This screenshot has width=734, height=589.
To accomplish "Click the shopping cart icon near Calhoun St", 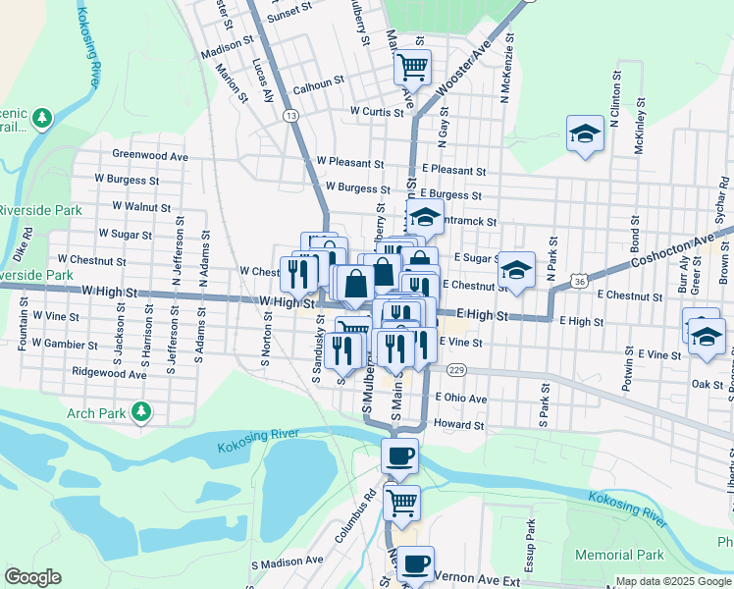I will coord(413,68).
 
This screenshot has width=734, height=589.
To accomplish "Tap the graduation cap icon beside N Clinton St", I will coord(586,134).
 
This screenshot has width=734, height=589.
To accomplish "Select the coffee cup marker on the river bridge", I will coord(399,456).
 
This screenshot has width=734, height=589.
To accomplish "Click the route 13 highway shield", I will coord(290,116).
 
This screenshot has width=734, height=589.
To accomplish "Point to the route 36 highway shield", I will coord(581,283).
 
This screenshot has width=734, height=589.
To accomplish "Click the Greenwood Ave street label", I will coord(149,155).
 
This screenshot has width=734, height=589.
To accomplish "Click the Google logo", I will coord(32,576).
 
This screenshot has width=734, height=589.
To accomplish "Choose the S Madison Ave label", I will coord(288,562).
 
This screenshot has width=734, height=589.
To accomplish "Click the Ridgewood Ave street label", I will coord(110,374).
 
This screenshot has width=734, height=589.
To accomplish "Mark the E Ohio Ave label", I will coord(461,400).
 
